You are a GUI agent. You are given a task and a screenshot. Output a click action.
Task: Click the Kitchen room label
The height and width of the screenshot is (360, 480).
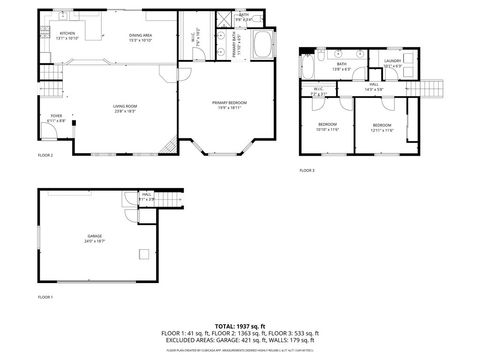pos(69,35)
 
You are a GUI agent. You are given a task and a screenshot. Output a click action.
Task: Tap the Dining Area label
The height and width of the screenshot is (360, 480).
pos(139,37)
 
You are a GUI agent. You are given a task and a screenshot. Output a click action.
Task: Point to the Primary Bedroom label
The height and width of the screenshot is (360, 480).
pos(229,103)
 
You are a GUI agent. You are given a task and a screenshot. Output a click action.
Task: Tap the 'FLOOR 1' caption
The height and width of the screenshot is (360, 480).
pos(46,297)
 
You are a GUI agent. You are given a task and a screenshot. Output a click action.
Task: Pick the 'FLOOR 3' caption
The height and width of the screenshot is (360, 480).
pos(306,171)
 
